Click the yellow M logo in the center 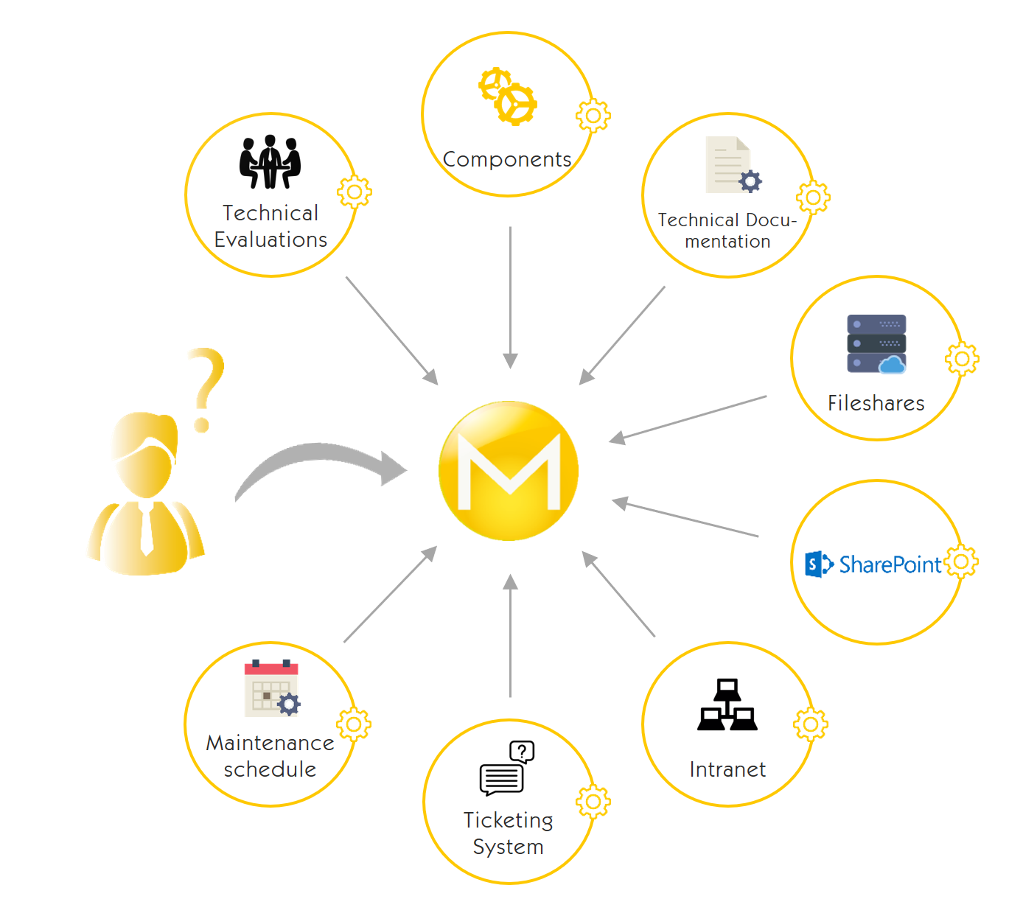point(509,471)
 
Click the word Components point(507,159)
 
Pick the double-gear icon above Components point(508,97)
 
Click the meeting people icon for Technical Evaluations point(270,162)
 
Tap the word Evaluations point(270,239)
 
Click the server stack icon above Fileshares point(876,344)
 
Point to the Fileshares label point(876,403)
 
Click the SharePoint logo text point(890,564)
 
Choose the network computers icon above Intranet point(727,705)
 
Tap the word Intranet point(727,769)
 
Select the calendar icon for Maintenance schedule point(272,688)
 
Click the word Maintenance point(270,743)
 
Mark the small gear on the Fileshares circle point(962,360)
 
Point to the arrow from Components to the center point(510,295)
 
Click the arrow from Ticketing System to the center point(510,634)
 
